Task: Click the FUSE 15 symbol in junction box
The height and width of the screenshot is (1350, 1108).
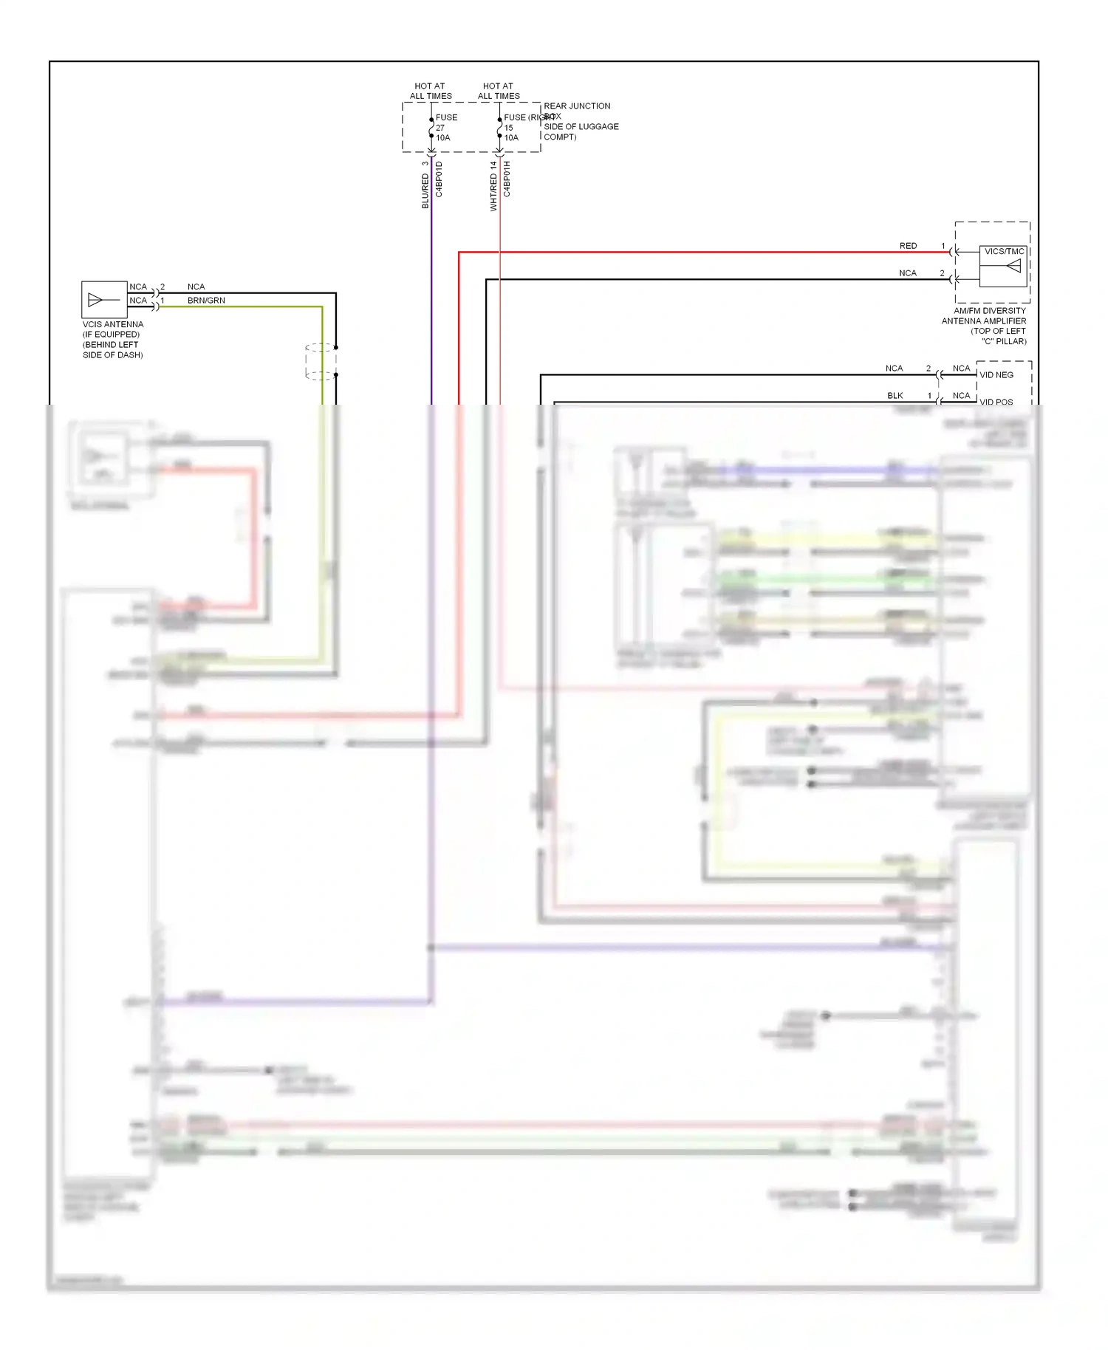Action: [x=500, y=129]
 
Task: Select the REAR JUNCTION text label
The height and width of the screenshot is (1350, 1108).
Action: [x=577, y=106]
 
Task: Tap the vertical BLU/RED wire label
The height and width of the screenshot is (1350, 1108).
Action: [x=425, y=191]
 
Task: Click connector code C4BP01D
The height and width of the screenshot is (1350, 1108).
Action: [x=439, y=179]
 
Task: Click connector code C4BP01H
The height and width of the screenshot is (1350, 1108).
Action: [x=507, y=179]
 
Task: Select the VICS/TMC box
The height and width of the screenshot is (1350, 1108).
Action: [x=1002, y=266]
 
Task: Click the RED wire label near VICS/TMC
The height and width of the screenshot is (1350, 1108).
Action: [x=908, y=246]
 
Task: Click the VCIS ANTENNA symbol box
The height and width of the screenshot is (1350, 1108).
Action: [x=104, y=299]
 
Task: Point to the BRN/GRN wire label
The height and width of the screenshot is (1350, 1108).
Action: [x=206, y=301]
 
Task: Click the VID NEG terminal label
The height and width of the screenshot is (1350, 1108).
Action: [x=996, y=375]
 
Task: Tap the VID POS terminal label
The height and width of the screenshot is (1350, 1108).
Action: [x=996, y=402]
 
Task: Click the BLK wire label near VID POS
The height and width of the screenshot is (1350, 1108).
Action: [x=895, y=396]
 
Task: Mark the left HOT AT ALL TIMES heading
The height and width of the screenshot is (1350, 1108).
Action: [x=431, y=91]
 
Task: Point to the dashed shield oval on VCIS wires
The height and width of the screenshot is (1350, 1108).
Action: [x=321, y=362]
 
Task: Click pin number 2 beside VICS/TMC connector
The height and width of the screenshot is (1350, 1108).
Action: [x=942, y=273]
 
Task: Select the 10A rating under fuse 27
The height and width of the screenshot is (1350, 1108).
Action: [x=442, y=138]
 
